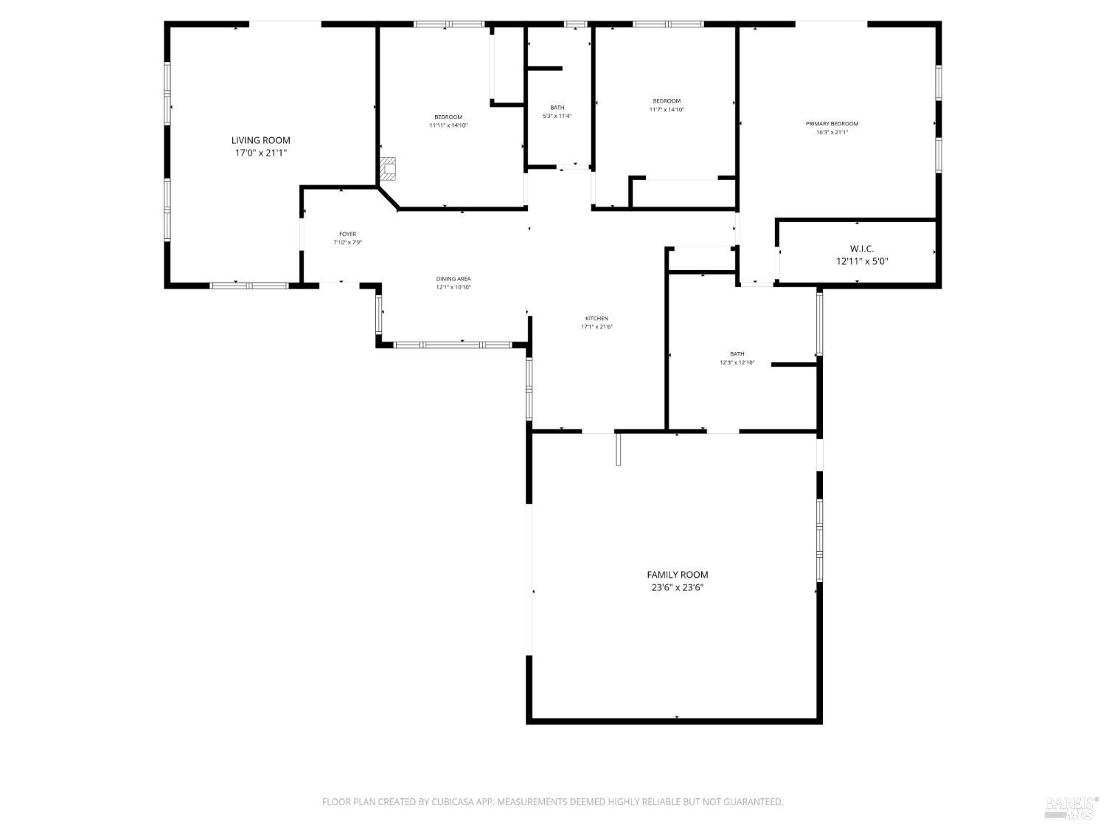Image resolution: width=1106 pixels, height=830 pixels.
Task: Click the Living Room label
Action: click(x=261, y=140)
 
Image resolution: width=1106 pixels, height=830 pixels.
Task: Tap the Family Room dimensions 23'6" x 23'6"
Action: click(x=677, y=588)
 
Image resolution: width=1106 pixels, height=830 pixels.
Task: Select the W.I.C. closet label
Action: click(x=861, y=249)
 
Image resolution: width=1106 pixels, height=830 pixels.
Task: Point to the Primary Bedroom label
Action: click(x=832, y=124)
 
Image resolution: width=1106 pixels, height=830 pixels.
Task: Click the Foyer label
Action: click(x=347, y=235)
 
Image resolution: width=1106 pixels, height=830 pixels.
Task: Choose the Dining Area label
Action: click(x=453, y=279)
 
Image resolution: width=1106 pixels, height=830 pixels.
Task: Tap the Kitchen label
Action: click(x=597, y=319)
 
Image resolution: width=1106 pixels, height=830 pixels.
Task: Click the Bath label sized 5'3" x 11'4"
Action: click(x=557, y=108)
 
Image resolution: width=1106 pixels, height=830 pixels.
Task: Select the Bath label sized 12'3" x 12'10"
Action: click(x=737, y=354)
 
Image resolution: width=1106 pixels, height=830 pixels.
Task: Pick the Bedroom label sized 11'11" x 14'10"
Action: click(x=448, y=117)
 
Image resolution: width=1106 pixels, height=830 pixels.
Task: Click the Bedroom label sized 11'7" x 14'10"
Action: click(x=666, y=101)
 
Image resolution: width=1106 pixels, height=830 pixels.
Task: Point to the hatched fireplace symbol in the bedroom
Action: click(x=388, y=170)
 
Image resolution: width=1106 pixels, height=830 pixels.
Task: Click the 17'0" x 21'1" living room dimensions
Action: click(x=261, y=153)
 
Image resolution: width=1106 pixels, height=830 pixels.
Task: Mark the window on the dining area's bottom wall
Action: click(x=452, y=345)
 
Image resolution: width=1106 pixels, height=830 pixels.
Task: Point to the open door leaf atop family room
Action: click(x=619, y=449)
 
